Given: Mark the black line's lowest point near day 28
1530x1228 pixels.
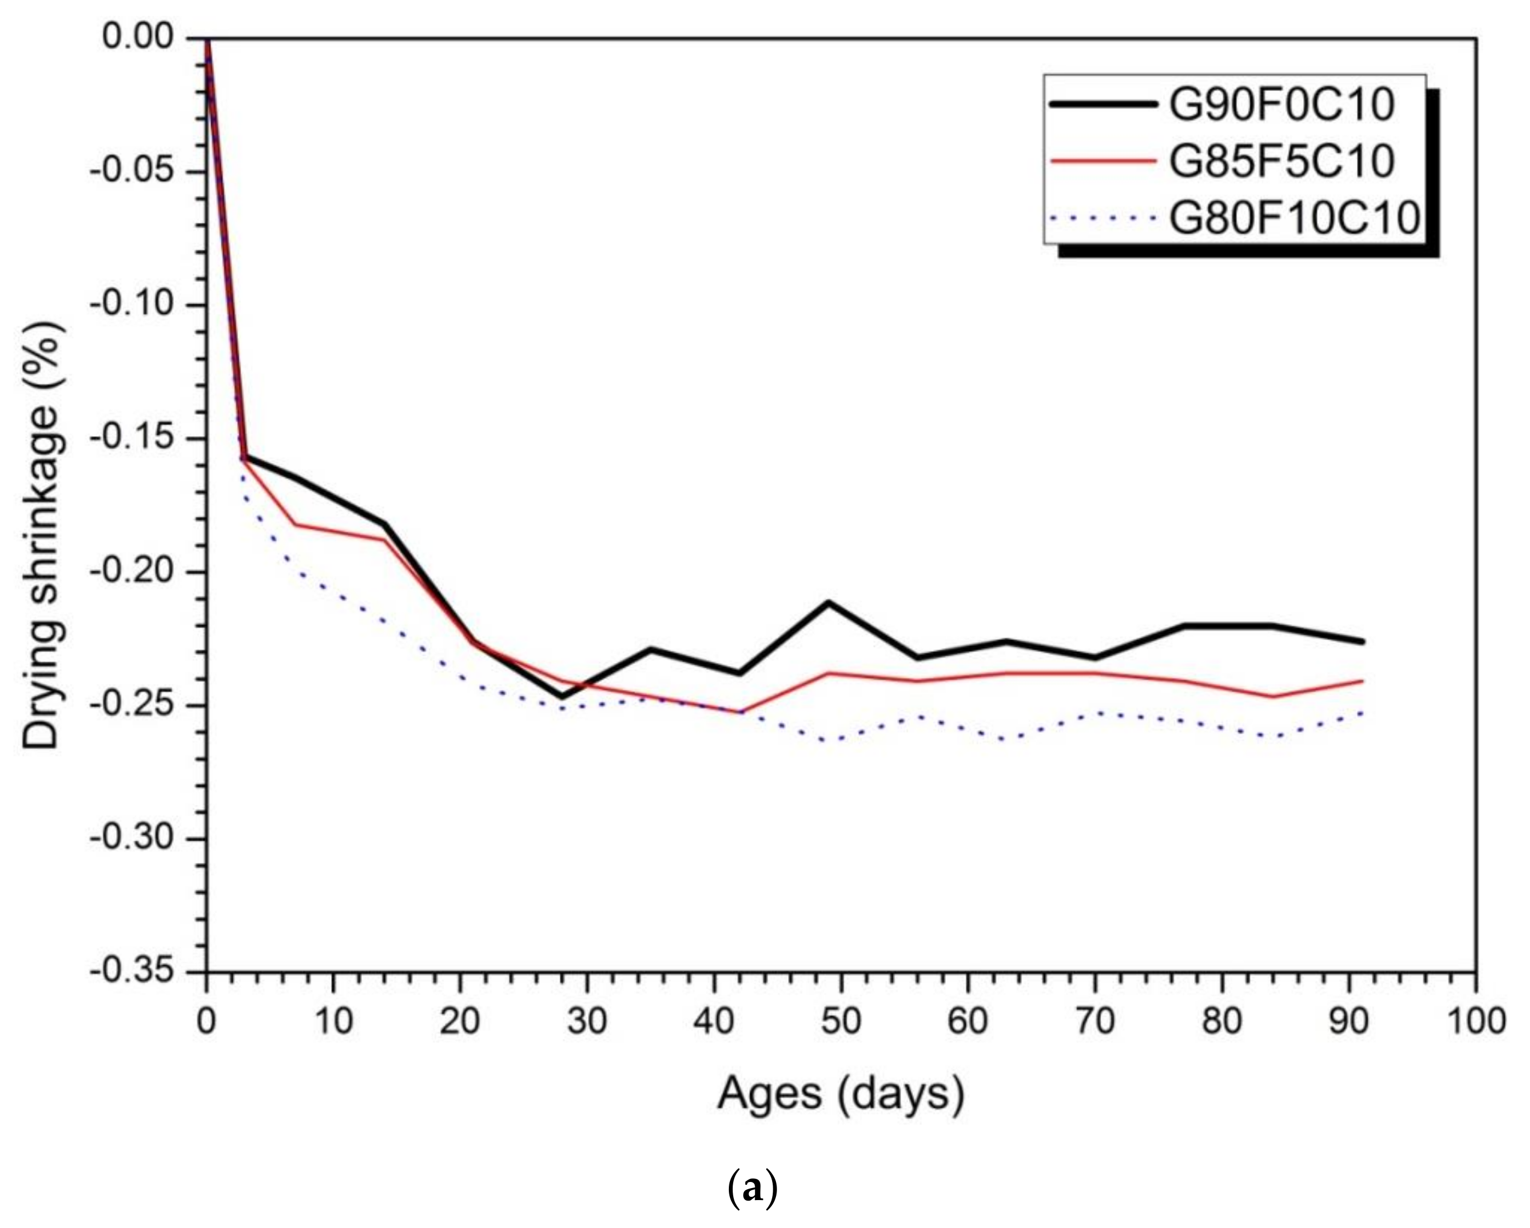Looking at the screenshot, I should tap(562, 697).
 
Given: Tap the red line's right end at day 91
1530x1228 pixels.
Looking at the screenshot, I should tap(1362, 681).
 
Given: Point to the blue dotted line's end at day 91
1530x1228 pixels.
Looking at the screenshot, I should tap(1362, 712).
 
